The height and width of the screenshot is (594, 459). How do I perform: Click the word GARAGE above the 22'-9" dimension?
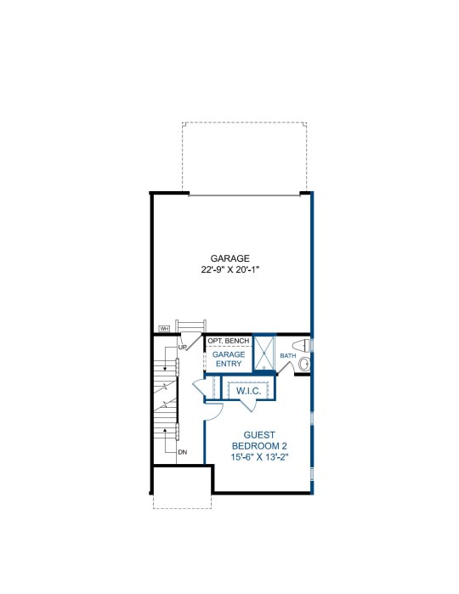tap(230, 258)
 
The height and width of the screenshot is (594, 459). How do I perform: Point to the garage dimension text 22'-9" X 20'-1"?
tap(230, 269)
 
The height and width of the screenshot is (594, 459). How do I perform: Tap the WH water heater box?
tap(164, 329)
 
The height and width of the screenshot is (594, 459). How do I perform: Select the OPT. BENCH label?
tap(229, 341)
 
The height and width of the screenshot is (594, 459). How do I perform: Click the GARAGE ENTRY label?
tap(229, 359)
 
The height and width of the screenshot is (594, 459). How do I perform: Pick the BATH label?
tap(288, 356)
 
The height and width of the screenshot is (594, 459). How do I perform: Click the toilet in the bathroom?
tap(302, 346)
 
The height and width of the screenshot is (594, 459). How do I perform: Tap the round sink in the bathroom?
tap(304, 365)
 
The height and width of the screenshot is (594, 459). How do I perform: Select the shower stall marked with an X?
tap(263, 353)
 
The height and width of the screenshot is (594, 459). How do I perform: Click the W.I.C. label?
tap(249, 391)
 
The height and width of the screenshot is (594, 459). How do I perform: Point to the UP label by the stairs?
tap(183, 347)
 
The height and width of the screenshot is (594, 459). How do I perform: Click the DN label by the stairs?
tap(183, 452)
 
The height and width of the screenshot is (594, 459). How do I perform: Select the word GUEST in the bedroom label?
tap(259, 435)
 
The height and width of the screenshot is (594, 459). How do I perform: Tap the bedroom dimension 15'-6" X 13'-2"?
tap(260, 457)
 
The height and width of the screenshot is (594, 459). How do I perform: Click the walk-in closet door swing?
tap(249, 405)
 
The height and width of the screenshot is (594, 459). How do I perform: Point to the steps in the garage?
tap(191, 326)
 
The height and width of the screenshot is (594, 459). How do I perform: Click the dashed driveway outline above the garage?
tap(245, 122)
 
